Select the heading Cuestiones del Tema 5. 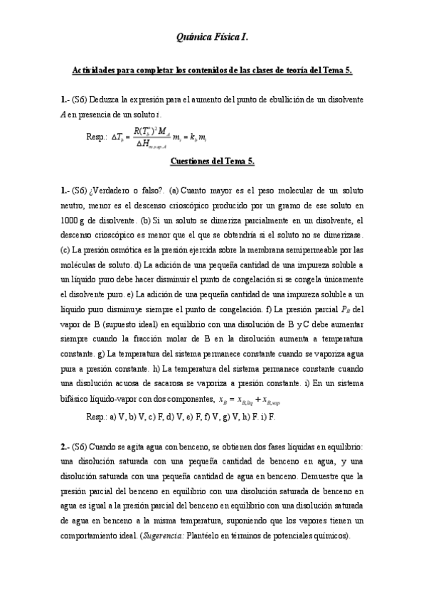212,161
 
